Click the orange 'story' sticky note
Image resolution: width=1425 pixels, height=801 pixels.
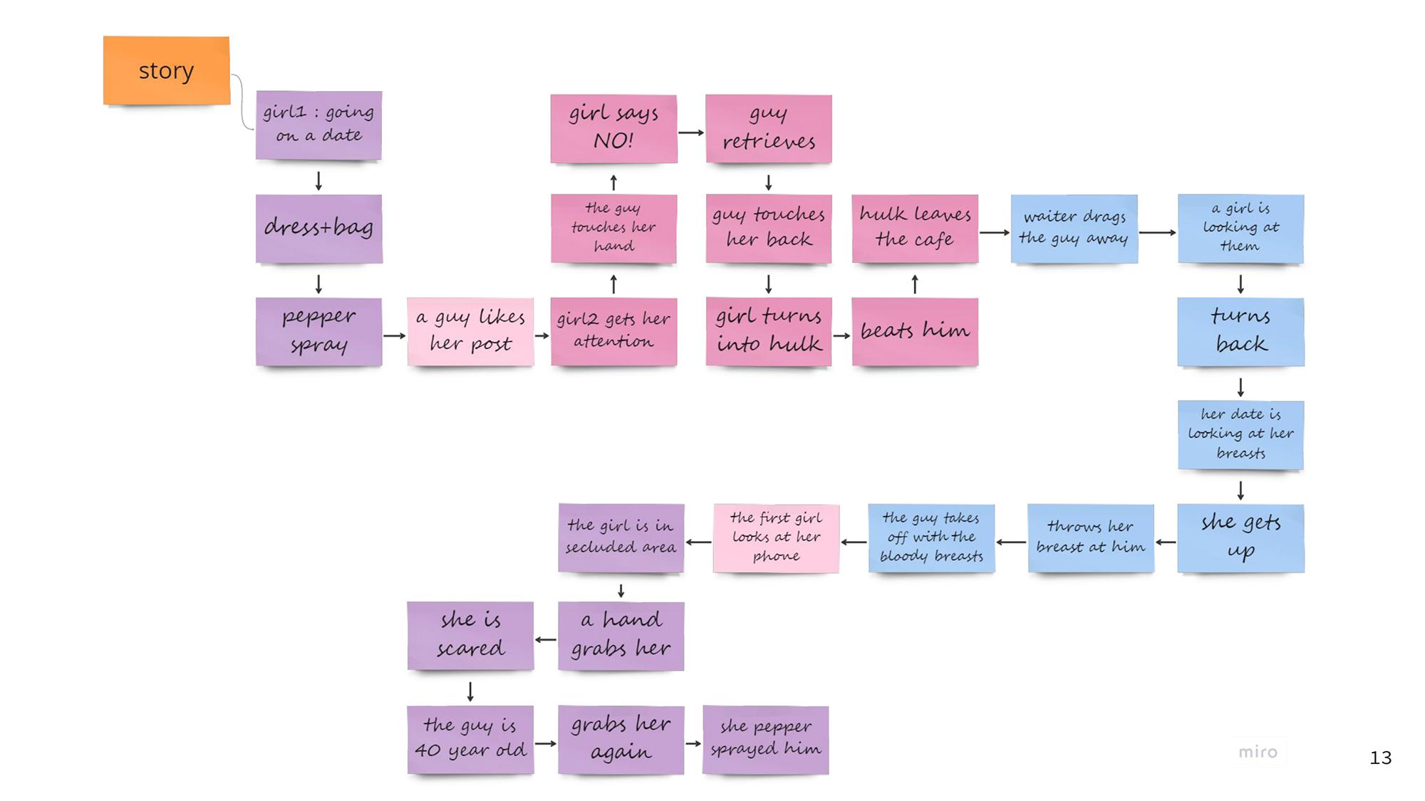coord(166,70)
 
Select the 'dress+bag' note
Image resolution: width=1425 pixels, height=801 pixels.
coord(318,229)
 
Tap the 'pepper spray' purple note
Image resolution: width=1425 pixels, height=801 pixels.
coord(318,332)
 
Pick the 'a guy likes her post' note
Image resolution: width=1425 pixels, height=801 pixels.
coord(470,332)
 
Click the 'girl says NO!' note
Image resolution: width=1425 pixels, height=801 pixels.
coord(613,129)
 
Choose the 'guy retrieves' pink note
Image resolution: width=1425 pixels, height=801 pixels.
coord(769,129)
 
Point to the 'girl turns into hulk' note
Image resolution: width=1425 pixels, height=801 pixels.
coord(769,332)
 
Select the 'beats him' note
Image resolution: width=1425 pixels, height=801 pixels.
coord(915,332)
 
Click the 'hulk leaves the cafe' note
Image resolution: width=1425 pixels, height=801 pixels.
coord(915,229)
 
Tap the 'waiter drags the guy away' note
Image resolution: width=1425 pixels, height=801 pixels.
coord(1074,229)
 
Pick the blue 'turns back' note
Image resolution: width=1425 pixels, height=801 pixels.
coord(1240,332)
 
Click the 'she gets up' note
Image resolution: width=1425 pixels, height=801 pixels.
coord(1240,538)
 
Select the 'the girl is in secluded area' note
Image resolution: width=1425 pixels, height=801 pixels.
coord(621,538)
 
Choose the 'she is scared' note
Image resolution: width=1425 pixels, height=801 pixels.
coord(470,636)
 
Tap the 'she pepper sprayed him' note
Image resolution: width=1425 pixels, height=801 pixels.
coord(765,740)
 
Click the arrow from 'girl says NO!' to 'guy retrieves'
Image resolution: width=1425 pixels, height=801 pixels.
coord(691,132)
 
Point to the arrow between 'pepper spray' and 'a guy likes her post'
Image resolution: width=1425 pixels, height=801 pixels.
coord(394,335)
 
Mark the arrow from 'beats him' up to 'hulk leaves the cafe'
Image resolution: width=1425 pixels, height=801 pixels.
coord(915,284)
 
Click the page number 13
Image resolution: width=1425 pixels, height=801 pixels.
coord(1380,758)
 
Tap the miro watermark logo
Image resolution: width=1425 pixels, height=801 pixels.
coord(1258,752)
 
